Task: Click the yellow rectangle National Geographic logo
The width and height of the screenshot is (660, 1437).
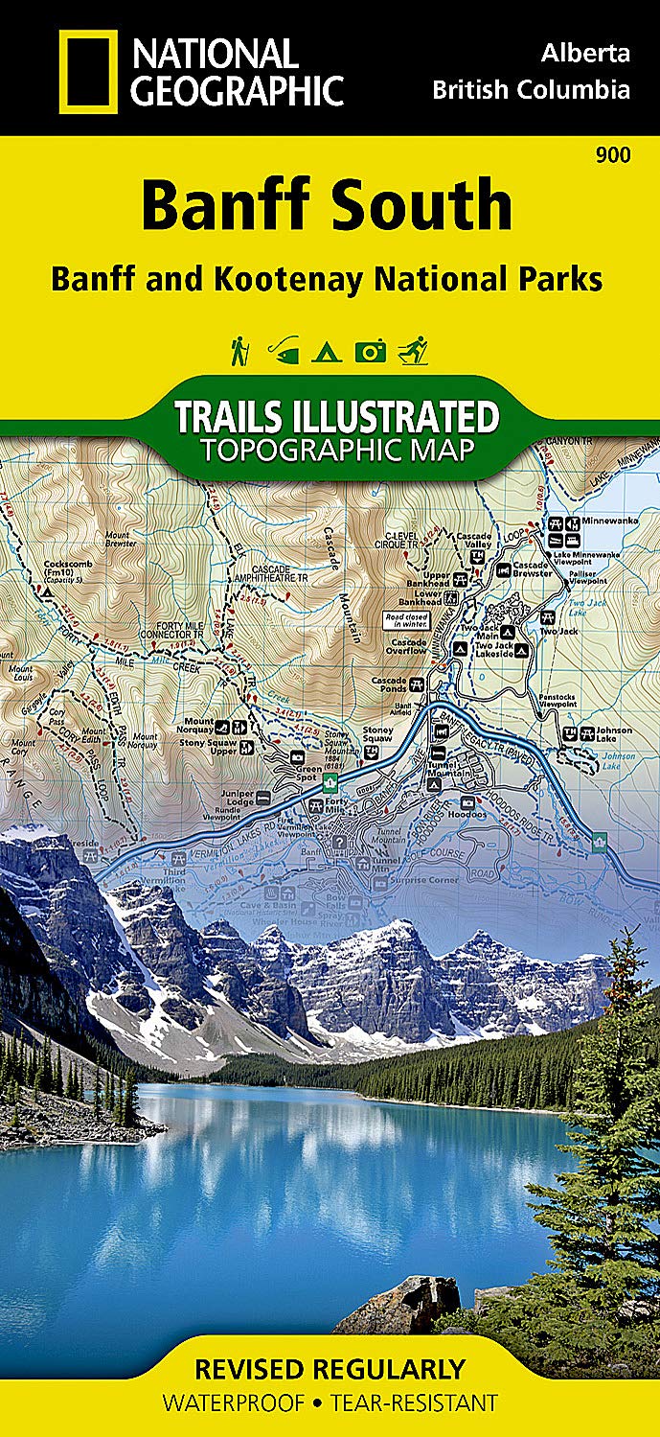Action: (88, 72)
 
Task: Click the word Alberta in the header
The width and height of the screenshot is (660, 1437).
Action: (584, 53)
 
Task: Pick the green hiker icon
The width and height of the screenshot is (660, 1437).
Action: (239, 351)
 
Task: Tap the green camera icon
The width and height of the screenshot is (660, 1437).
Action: (370, 352)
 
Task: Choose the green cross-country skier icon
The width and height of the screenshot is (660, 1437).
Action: (414, 351)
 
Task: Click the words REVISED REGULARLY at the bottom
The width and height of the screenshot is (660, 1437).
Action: (329, 1368)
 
